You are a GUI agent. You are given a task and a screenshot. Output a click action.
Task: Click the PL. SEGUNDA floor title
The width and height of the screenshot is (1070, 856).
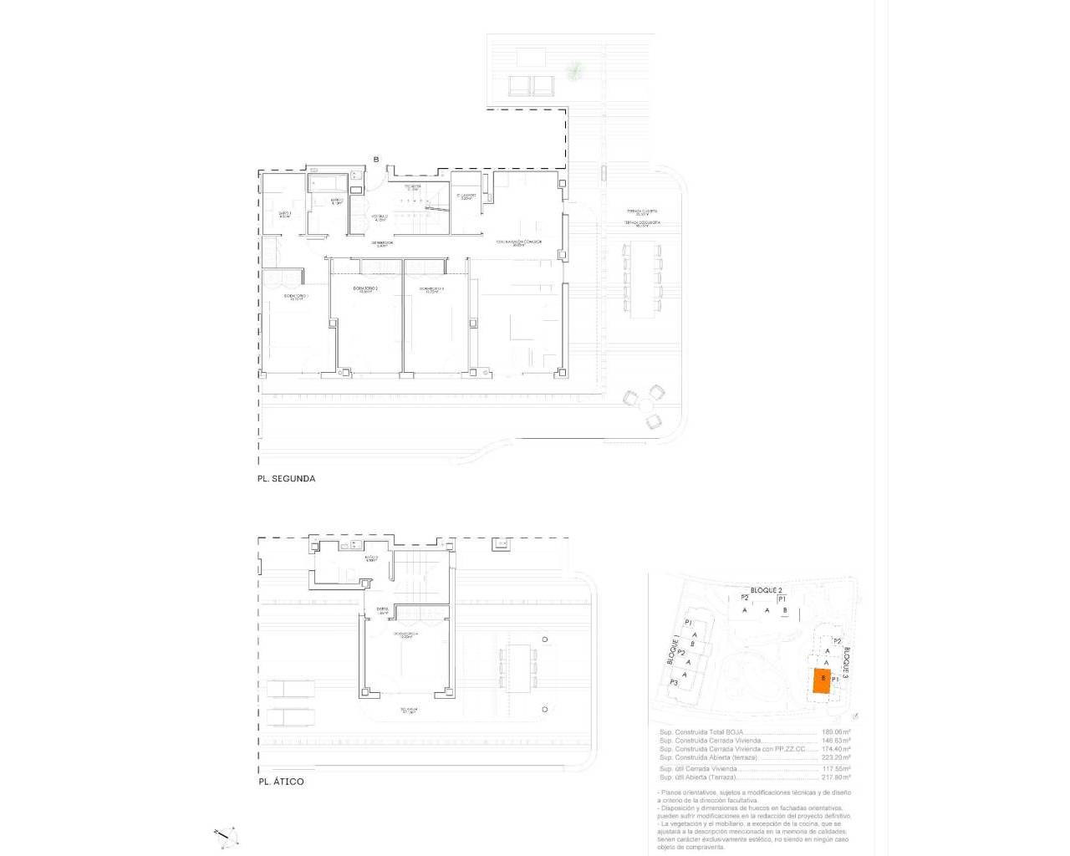(x=286, y=479)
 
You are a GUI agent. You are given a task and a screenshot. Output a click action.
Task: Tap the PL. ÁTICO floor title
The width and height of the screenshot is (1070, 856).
(x=281, y=782)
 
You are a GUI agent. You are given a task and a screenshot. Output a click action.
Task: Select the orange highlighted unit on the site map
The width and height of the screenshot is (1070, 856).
(x=822, y=682)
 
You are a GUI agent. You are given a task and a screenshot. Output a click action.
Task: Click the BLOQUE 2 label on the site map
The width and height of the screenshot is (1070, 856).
(x=766, y=590)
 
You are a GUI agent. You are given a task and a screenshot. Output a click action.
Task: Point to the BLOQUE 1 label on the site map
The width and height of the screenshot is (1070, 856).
(x=673, y=650)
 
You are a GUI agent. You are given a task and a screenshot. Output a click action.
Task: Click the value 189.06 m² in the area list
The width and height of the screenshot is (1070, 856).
(x=837, y=732)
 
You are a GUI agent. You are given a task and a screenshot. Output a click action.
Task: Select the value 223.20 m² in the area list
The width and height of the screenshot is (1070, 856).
(x=837, y=758)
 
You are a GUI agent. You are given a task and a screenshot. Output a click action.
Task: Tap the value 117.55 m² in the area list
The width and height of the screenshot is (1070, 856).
(x=837, y=768)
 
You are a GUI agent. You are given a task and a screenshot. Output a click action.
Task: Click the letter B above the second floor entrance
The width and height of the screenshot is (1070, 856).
(x=376, y=160)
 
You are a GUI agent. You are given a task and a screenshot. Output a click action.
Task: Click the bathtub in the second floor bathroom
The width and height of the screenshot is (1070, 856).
(x=328, y=181)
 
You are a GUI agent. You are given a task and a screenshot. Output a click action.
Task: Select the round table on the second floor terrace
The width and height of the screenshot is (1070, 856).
(x=645, y=405)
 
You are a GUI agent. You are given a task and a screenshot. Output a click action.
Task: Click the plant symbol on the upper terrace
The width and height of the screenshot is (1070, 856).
(x=575, y=72)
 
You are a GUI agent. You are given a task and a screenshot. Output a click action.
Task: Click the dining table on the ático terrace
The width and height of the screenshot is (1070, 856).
(x=522, y=667)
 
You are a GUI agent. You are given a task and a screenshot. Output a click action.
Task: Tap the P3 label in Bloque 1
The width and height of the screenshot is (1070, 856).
(x=674, y=683)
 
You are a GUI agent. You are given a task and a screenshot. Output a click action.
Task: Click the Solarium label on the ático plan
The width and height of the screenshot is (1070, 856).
(x=408, y=711)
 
